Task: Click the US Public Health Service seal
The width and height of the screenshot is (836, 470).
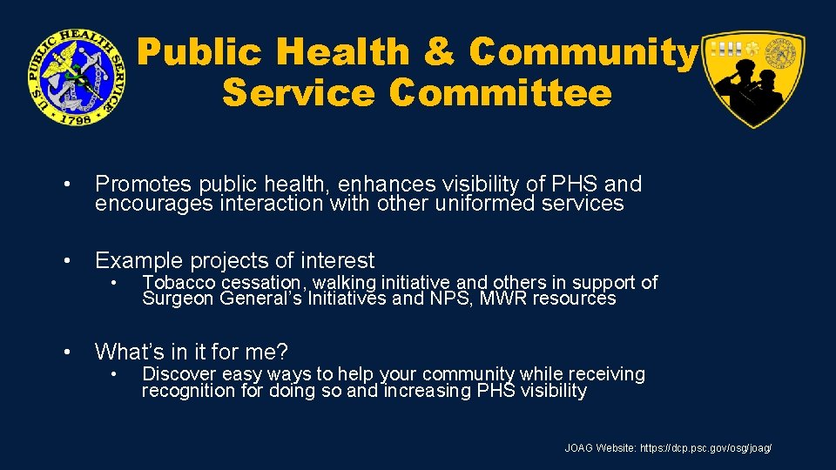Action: (75, 77)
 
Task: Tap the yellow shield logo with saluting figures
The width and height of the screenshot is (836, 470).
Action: (753, 79)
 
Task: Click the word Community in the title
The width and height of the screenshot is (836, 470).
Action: (583, 53)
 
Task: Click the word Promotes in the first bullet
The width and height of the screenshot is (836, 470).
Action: (144, 185)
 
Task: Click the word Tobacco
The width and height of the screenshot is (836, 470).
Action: (179, 282)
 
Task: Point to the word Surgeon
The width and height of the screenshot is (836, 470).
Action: (178, 299)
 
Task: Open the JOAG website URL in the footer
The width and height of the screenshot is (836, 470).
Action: (705, 448)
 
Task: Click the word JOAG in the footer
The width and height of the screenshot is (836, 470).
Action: (579, 448)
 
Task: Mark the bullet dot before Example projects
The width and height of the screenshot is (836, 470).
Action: (66, 261)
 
